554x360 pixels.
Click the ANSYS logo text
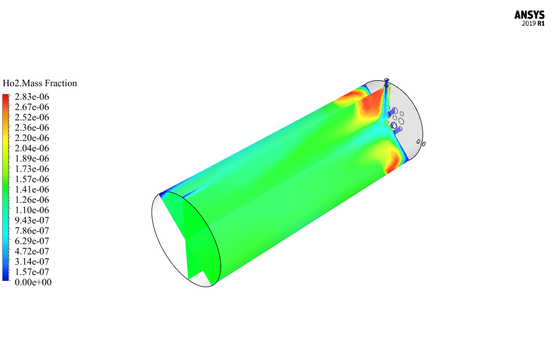pyautogui.click(x=529, y=15)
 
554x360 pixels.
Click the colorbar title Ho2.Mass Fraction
pyautogui.click(x=40, y=83)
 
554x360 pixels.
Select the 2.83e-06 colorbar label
pyautogui.click(x=32, y=97)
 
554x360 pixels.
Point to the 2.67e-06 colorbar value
pyautogui.click(x=32, y=107)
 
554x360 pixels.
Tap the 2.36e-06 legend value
pyautogui.click(x=32, y=127)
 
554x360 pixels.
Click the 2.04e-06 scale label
pyautogui.click(x=32, y=149)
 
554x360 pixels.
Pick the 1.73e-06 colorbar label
pyautogui.click(x=32, y=169)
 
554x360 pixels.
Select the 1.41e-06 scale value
pyautogui.click(x=32, y=189)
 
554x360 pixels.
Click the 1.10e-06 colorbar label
pyautogui.click(x=32, y=210)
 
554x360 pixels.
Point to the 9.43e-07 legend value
pyautogui.click(x=32, y=221)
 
